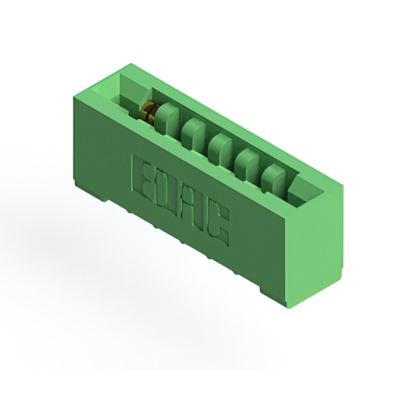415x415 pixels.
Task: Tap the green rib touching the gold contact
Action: click(x=166, y=118)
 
